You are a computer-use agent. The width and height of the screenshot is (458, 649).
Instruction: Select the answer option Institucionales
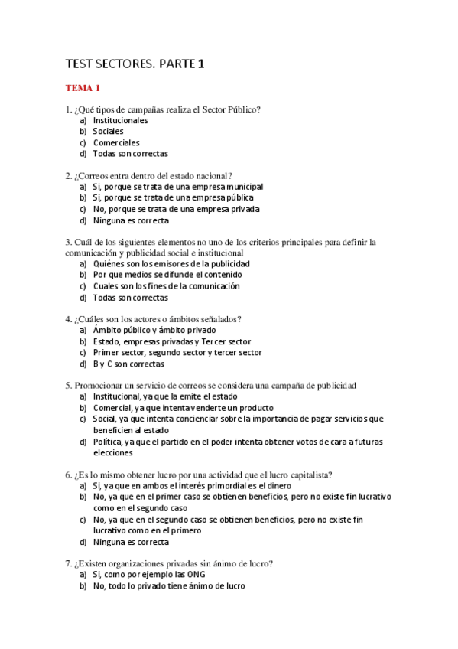(x=120, y=120)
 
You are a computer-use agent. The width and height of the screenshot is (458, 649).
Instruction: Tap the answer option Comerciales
(x=116, y=142)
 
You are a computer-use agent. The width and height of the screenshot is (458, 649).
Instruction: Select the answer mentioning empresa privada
(x=176, y=209)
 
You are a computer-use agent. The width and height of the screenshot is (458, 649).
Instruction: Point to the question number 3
(x=68, y=242)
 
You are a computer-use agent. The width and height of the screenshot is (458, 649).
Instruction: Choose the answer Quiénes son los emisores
(x=171, y=264)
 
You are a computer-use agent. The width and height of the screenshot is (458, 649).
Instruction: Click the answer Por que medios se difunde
(x=167, y=275)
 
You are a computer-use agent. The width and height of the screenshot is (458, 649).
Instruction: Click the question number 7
(x=68, y=563)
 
